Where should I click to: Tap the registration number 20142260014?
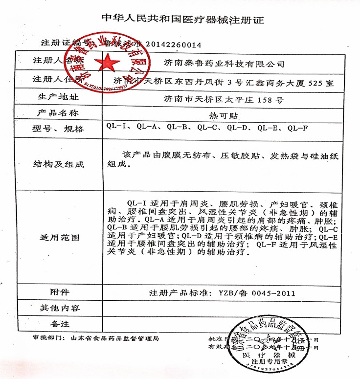174,45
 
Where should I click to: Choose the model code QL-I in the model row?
118,128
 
